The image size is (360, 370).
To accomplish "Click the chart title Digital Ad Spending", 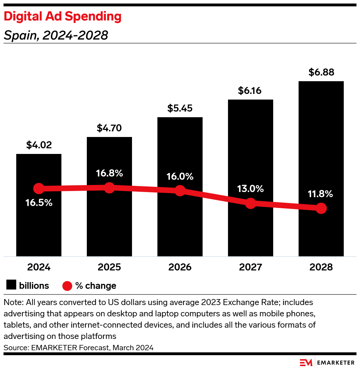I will (x=62, y=17).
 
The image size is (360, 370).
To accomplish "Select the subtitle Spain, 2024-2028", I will (x=56, y=35).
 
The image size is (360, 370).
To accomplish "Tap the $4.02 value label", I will (x=39, y=145).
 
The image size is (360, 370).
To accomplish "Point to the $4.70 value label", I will (x=109, y=128).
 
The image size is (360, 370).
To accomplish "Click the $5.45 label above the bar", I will (x=180, y=108).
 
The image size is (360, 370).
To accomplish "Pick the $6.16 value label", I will (x=250, y=91).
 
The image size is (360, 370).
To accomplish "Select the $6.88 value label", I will (x=321, y=72).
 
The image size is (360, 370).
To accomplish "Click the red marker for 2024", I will (x=38, y=189).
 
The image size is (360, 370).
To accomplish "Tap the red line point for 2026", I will (x=180, y=191).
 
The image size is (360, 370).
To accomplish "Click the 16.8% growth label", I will (x=109, y=173).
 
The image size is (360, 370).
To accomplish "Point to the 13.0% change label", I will (x=250, y=189).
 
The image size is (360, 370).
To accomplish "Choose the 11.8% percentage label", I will (x=321, y=194).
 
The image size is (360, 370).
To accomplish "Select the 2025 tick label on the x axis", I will (x=109, y=267).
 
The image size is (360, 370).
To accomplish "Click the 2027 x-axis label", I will (x=250, y=267).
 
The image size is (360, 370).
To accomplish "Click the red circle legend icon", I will (x=67, y=286).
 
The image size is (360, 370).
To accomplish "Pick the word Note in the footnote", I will (x=11, y=303).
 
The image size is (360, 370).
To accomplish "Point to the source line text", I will (x=78, y=348).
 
